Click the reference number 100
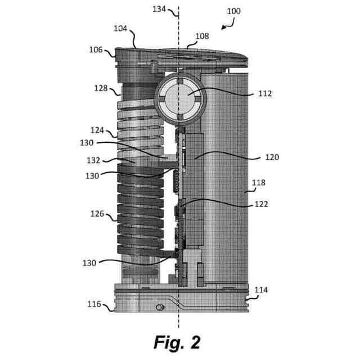coord(233,11)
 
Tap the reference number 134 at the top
coord(160,9)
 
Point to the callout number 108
coord(202,36)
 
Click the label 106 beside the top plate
coord(96,50)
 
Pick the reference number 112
coord(265,93)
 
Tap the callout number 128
coord(101,88)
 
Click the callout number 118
coord(259,183)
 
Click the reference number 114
coord(261,290)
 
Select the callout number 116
coord(94,304)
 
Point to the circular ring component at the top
coord(179,99)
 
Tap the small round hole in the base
coord(160,307)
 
